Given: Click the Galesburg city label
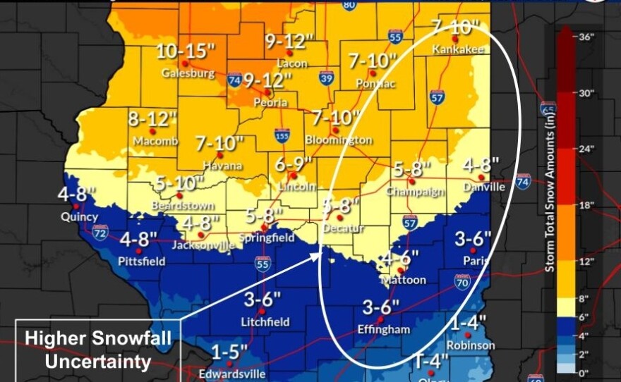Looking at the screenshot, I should (x=186, y=73).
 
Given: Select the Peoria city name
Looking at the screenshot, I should (x=271, y=103).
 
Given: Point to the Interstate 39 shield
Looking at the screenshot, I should (x=326, y=78).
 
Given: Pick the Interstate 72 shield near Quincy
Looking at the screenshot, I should (x=100, y=232).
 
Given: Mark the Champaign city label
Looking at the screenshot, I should (x=415, y=191).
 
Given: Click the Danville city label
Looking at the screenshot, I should (x=484, y=187).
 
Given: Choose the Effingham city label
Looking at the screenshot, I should (x=385, y=329).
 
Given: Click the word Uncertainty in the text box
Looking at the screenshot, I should (x=98, y=362).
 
